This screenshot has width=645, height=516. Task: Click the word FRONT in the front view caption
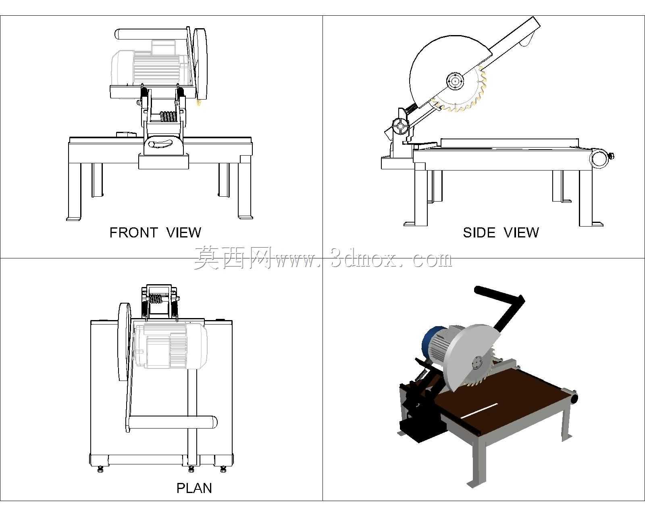133,233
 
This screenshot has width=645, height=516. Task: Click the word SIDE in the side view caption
479,233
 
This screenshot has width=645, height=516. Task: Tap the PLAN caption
194,488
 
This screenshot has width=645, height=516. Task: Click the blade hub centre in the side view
455,81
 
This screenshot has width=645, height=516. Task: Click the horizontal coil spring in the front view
168,117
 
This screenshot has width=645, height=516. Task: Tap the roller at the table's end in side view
599,158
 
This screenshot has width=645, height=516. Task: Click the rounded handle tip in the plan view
213,422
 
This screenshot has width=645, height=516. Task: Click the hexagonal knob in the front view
152,144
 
